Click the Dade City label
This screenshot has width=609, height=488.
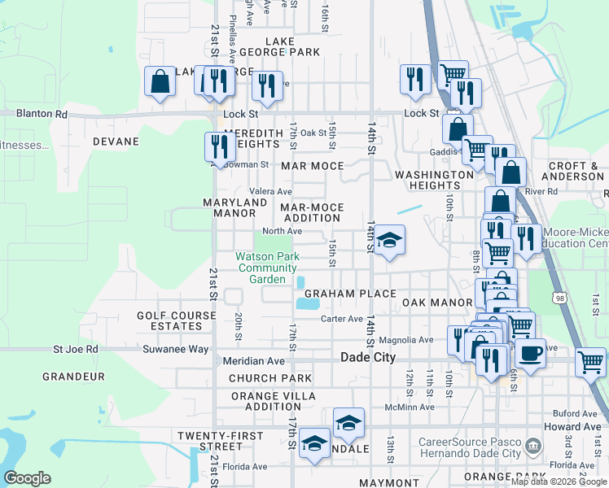pyautogui.click(x=367, y=358)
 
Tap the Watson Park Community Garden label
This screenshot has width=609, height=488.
pyautogui.click(x=267, y=268)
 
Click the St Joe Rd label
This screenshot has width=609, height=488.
pyautogui.click(x=76, y=349)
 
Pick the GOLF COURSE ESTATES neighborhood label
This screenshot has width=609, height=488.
pyautogui.click(x=169, y=320)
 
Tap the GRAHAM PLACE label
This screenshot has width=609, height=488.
pyautogui.click(x=350, y=294)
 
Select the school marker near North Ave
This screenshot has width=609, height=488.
pyautogui.click(x=390, y=240)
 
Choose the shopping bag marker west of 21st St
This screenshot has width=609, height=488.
pyautogui.click(x=160, y=81)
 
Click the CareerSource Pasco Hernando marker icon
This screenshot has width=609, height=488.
pyautogui.click(x=532, y=446)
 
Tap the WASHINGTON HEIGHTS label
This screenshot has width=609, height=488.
pyautogui.click(x=434, y=180)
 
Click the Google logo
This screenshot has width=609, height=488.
pyautogui.click(x=27, y=478)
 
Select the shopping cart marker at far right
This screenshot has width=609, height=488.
pyautogui.click(x=590, y=361)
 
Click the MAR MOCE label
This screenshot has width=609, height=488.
pyautogui.click(x=312, y=166)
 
